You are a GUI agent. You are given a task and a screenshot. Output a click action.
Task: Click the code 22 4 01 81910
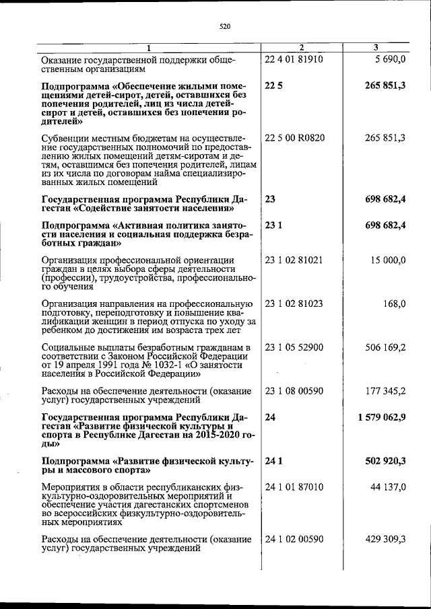[x=294, y=59]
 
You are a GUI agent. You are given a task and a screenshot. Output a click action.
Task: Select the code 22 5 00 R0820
[x=295, y=138]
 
